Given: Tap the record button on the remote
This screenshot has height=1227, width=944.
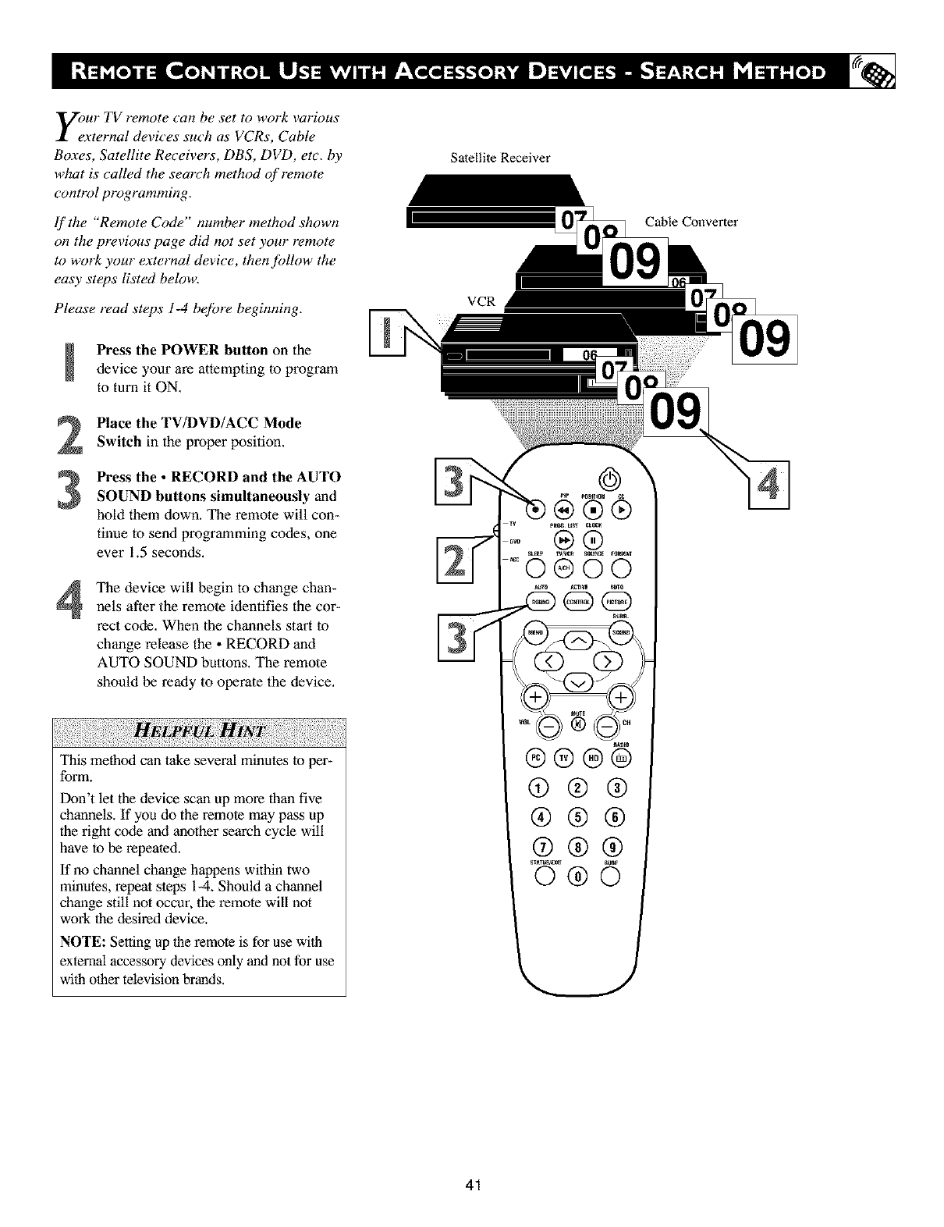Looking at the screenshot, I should tap(536, 511).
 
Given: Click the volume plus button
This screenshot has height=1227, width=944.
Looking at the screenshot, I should tap(535, 697).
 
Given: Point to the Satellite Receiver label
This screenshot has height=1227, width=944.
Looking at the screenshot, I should tap(500, 158).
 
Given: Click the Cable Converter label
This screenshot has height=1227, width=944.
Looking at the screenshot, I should tap(690, 222).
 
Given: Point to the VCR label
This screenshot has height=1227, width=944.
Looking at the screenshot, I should tap(481, 301).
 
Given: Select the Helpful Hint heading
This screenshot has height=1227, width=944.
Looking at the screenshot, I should tap(199, 731).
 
